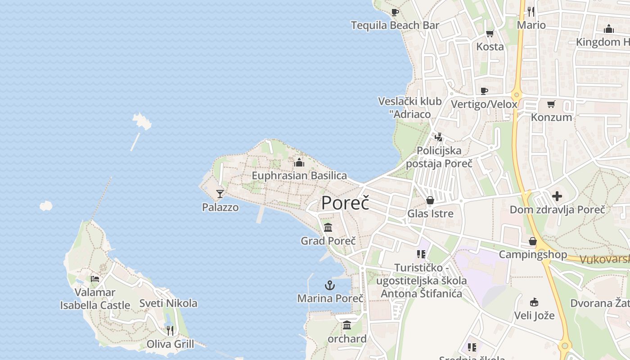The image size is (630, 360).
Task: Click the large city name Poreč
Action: (x=345, y=203)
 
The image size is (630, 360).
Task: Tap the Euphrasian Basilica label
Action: (x=299, y=175)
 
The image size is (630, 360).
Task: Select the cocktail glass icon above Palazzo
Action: (x=220, y=194)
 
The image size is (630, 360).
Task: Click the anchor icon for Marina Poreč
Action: (x=330, y=285)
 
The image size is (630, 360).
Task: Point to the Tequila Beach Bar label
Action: (x=395, y=25)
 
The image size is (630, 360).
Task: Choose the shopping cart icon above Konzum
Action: (x=551, y=104)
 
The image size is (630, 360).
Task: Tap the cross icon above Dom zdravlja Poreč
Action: (x=557, y=196)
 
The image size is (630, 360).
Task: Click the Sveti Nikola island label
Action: (x=168, y=303)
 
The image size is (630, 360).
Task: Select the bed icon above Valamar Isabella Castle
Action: (x=95, y=279)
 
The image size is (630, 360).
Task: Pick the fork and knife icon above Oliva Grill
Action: (x=170, y=331)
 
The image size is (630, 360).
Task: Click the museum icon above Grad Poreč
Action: (x=328, y=227)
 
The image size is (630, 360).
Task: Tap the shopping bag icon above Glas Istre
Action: (x=430, y=200)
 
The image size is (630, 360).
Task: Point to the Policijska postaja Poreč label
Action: (x=439, y=157)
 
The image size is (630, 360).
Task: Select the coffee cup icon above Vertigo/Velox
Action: (x=484, y=91)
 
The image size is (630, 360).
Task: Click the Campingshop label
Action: (x=533, y=255)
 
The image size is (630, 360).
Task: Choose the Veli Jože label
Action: (x=534, y=315)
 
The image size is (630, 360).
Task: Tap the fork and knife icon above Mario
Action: (x=531, y=11)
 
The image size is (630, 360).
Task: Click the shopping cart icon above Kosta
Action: (x=490, y=33)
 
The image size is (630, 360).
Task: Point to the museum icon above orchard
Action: (x=347, y=325)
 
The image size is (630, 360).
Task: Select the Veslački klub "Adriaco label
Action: (x=410, y=108)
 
